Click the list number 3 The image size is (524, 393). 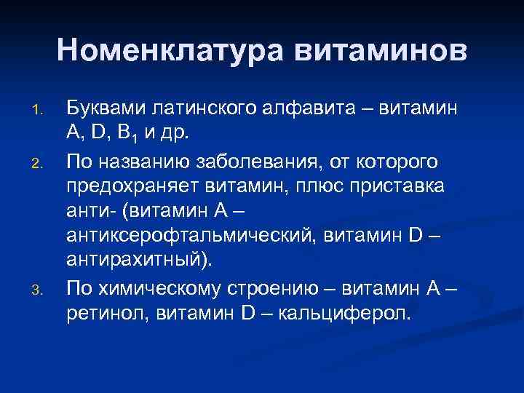coord(41,270)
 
